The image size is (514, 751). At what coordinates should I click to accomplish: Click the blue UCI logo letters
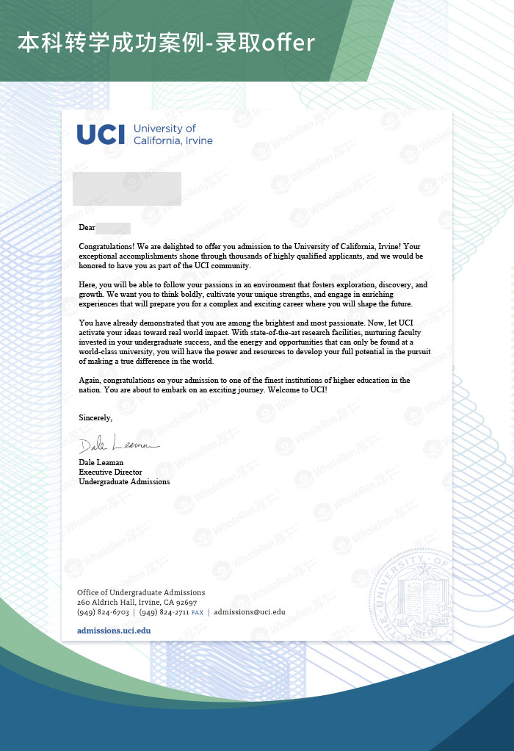(x=101, y=134)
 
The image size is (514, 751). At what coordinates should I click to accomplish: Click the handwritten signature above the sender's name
(x=117, y=445)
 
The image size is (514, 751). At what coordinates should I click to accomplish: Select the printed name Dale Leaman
(x=101, y=462)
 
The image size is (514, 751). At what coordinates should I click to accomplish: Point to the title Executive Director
(x=110, y=472)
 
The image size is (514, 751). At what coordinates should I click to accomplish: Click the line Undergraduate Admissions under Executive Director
(x=124, y=482)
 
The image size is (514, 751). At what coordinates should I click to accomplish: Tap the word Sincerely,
(x=95, y=417)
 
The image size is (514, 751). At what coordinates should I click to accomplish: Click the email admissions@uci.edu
(x=249, y=611)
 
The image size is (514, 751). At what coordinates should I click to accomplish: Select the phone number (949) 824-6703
(x=103, y=611)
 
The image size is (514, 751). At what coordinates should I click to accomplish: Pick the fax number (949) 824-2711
(x=164, y=611)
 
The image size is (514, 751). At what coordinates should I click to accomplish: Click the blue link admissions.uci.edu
(x=114, y=630)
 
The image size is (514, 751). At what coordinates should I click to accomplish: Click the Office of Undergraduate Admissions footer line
(x=141, y=592)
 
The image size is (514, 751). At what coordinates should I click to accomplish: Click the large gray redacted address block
(x=127, y=188)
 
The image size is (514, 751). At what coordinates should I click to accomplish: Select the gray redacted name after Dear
(x=113, y=228)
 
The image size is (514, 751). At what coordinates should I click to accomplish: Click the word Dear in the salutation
(x=87, y=228)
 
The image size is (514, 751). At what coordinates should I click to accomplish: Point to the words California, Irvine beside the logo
(x=173, y=140)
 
